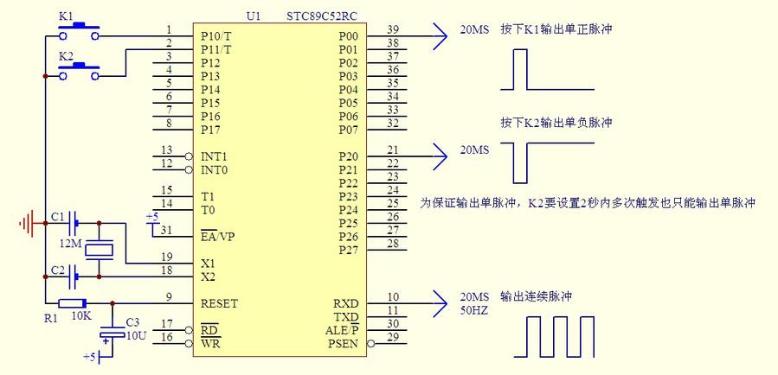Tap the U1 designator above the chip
point(253,16)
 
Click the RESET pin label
point(219,304)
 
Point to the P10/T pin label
point(215,36)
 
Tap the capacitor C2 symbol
point(74,276)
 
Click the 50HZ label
point(473,309)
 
